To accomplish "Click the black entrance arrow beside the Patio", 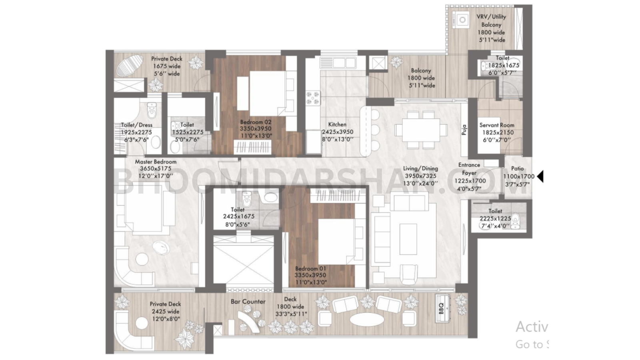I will [540, 176].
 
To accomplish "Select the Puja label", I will [464, 130].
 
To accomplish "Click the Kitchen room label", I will [337, 124].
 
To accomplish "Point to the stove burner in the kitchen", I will [313, 98].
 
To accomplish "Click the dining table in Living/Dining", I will [421, 130].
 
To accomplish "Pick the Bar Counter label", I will [248, 302].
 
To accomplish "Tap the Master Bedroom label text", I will [156, 162].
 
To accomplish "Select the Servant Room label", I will [497, 125].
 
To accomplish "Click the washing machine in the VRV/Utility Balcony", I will [462, 19].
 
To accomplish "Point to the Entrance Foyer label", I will [469, 169].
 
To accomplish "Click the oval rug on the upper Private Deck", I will [130, 65].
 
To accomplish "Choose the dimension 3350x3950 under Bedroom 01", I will [310, 275].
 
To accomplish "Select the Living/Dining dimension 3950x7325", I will [420, 176].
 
